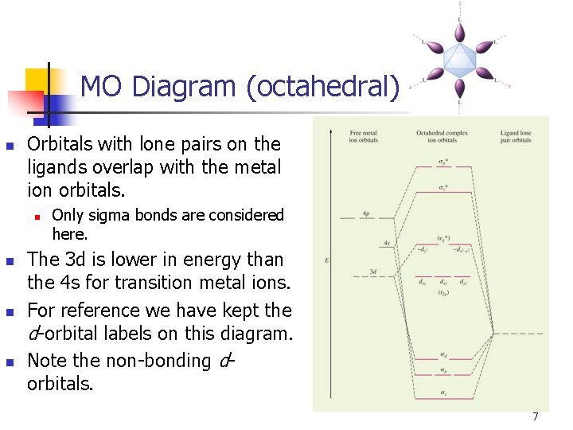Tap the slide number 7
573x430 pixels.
pyautogui.click(x=536, y=416)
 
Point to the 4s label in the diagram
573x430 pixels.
pyautogui.click(x=387, y=242)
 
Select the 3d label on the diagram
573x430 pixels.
pyautogui.click(x=372, y=272)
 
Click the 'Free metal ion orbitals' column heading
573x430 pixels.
pyautogui.click(x=363, y=136)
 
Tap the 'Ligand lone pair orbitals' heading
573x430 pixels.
pyautogui.click(x=516, y=136)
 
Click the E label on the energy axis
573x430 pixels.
pyautogui.click(x=327, y=260)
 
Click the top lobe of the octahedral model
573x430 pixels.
pyautogui.click(x=460, y=32)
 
